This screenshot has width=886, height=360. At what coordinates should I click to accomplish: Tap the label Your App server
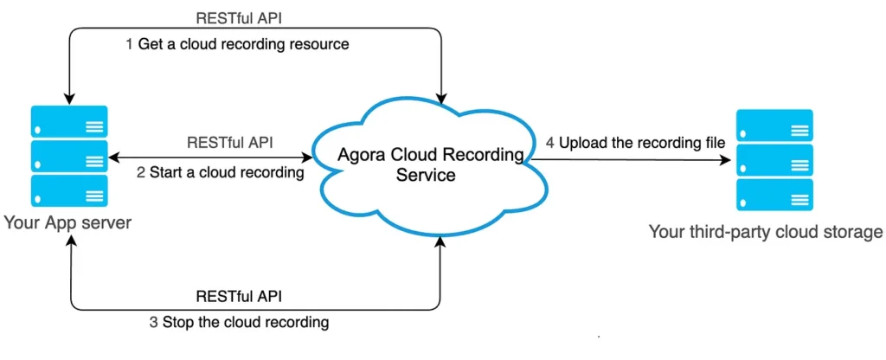67,222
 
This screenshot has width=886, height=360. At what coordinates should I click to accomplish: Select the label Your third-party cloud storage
765,232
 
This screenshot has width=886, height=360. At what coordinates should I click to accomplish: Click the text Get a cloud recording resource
243,44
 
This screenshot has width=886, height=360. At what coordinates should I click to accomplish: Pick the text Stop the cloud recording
245,323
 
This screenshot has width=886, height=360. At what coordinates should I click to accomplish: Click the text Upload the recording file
642,143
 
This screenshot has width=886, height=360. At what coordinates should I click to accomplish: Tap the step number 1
129,44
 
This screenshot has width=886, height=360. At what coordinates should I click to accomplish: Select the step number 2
141,172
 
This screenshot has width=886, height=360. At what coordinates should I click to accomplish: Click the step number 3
154,323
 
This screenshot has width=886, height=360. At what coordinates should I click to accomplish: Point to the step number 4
550,143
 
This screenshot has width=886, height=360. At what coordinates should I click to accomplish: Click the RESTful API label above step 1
239,17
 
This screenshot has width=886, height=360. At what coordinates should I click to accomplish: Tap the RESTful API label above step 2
230,142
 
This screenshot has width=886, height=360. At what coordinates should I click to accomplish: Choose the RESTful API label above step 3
239,296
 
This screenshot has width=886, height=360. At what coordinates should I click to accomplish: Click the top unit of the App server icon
69,121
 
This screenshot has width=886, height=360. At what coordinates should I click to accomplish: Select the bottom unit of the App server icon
69,191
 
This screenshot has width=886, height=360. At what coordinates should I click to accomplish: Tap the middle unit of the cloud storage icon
774,160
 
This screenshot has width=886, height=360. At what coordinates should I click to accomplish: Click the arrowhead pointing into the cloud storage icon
727,160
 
